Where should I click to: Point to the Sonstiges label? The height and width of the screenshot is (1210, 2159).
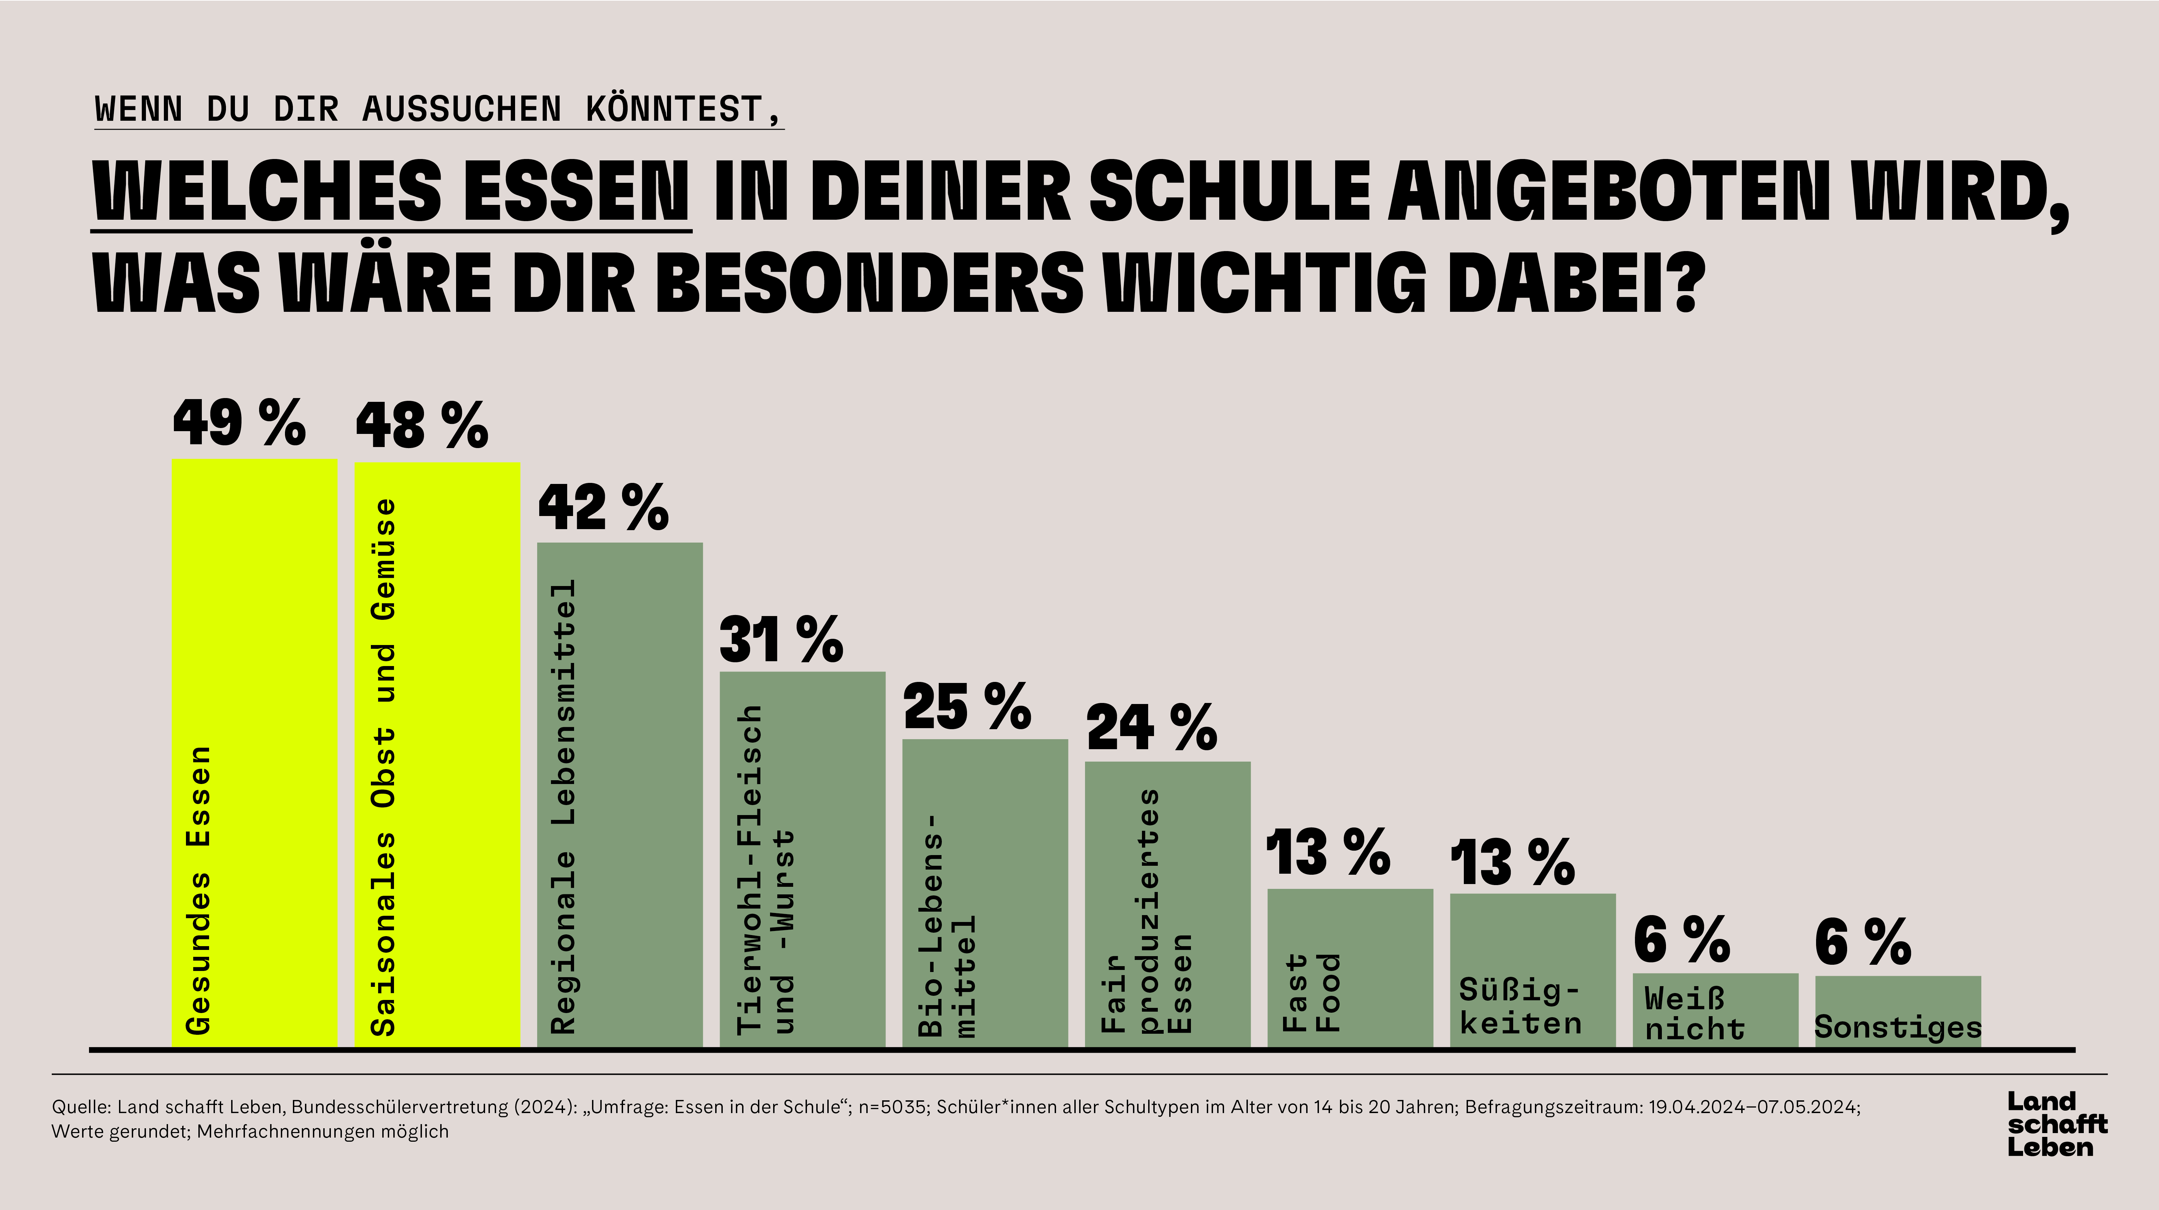[x=1897, y=1027]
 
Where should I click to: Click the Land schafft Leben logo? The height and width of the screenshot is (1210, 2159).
[x=2057, y=1124]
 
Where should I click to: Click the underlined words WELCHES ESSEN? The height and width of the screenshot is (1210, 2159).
[x=392, y=192]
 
